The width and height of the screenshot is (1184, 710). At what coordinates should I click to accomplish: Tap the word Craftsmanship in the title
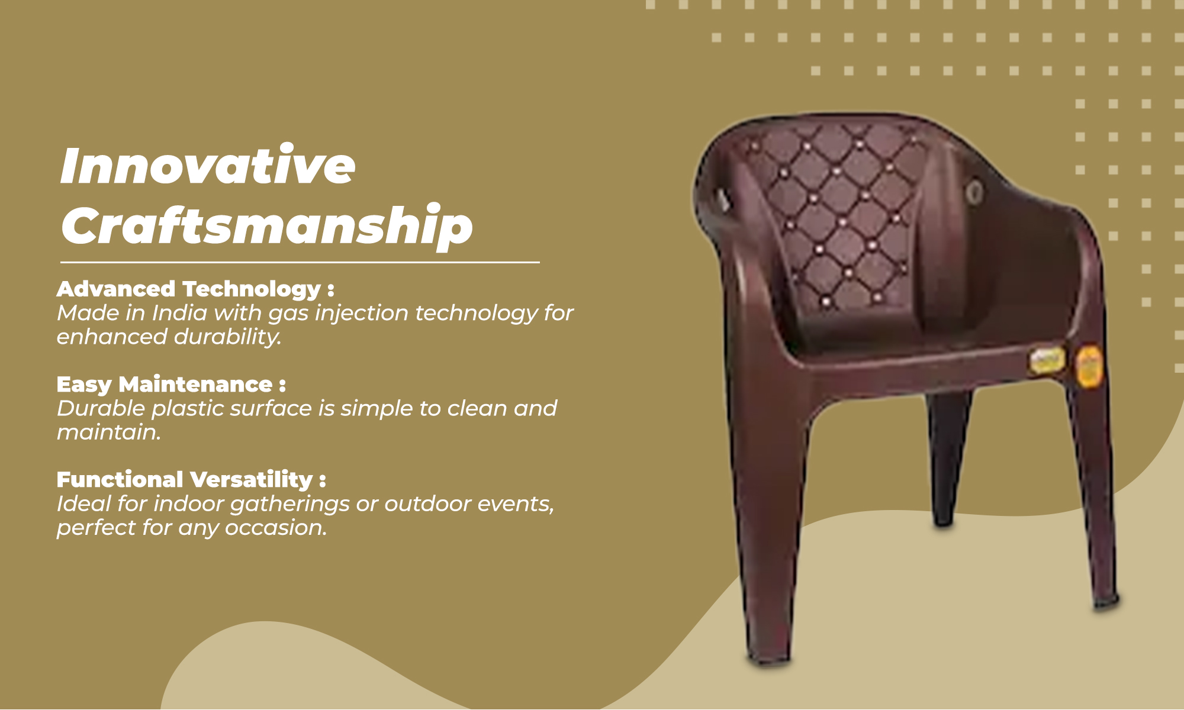(267, 226)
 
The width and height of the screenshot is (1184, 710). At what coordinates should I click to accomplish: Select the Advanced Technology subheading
(195, 289)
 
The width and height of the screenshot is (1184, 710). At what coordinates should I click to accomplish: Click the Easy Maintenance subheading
(171, 385)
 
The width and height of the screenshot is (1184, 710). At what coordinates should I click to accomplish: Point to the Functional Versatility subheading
(191, 480)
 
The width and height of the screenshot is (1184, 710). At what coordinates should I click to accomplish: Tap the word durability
(227, 337)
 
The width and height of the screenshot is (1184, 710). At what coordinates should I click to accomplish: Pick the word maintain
(109, 432)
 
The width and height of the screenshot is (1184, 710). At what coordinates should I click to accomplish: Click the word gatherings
(290, 504)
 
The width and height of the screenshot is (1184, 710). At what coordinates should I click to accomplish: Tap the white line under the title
(300, 262)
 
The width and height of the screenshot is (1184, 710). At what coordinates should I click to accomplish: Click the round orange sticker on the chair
(1089, 367)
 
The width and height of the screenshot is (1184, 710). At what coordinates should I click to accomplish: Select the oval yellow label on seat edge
(1047, 361)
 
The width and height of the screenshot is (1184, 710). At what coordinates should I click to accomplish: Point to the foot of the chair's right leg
(1105, 603)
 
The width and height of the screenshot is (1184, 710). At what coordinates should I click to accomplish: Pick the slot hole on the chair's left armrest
(723, 199)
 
